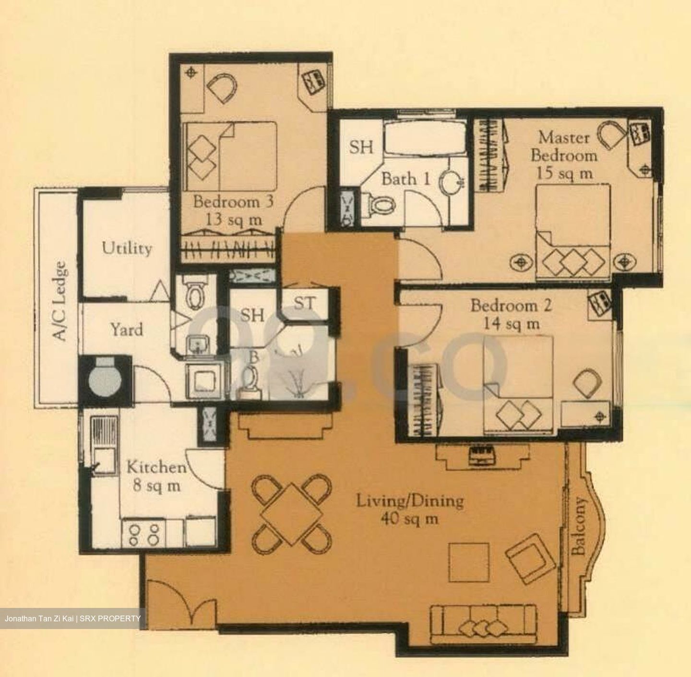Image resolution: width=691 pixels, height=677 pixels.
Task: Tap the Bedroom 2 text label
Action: click(511, 306)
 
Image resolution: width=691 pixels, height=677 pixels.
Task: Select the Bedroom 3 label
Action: click(233, 202)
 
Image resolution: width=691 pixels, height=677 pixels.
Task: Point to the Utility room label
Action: click(127, 248)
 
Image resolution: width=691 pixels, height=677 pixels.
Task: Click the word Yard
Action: click(127, 330)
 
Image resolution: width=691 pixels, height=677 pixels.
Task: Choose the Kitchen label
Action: click(156, 467)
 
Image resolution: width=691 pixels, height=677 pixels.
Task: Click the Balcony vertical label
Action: click(579, 526)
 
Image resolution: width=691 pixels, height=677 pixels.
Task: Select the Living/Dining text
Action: click(409, 501)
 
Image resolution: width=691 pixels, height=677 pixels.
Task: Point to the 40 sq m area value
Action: click(409, 519)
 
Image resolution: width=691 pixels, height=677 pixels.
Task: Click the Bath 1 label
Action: click(405, 179)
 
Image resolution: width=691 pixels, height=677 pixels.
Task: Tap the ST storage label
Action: click(305, 303)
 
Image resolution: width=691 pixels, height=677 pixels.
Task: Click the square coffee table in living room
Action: click(469, 562)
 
